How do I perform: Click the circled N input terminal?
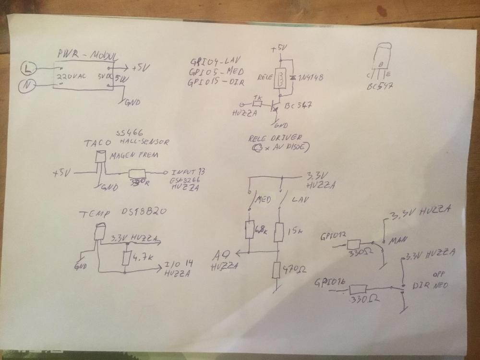pyautogui.click(x=26, y=87)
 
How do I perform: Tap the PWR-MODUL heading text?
pyautogui.click(x=87, y=54)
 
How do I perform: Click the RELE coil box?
pyautogui.click(x=280, y=79)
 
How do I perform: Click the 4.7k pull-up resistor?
pyautogui.click(x=127, y=258)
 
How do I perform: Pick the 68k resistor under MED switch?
pyautogui.click(x=250, y=230)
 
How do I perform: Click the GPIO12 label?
pyautogui.click(x=331, y=236)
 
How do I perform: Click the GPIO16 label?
pyautogui.click(x=329, y=283)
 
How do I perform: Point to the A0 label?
pyautogui.click(x=223, y=255)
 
